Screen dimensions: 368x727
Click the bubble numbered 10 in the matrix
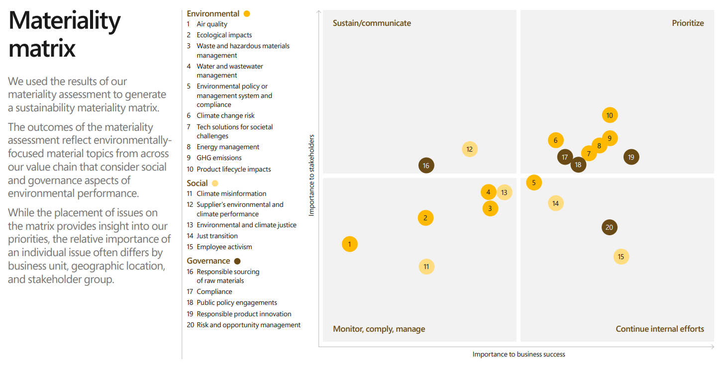[x=610, y=115]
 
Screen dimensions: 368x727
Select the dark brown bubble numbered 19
[x=631, y=157]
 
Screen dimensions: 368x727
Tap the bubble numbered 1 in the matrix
[x=350, y=244]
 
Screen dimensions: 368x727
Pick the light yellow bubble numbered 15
[x=621, y=257]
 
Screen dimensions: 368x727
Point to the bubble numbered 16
[x=426, y=166]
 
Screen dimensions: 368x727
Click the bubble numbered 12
[x=469, y=149]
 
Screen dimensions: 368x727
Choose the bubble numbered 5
[x=534, y=183]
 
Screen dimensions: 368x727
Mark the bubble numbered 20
[x=609, y=228]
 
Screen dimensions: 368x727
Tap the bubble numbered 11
[x=426, y=267]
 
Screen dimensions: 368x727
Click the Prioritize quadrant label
[x=688, y=23]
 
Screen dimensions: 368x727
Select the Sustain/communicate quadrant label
[x=372, y=23]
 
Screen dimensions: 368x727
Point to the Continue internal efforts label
[x=660, y=329]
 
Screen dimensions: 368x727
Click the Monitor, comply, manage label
[x=379, y=329]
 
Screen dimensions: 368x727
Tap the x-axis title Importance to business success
[x=519, y=354]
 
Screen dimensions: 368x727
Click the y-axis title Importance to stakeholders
[x=312, y=175]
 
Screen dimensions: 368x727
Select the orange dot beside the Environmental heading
[x=247, y=14]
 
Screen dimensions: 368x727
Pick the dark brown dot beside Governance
[x=237, y=261]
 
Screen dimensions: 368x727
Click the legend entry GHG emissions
[x=219, y=158]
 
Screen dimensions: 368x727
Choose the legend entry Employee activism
[x=224, y=247]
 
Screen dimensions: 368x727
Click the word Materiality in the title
[x=65, y=21]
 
